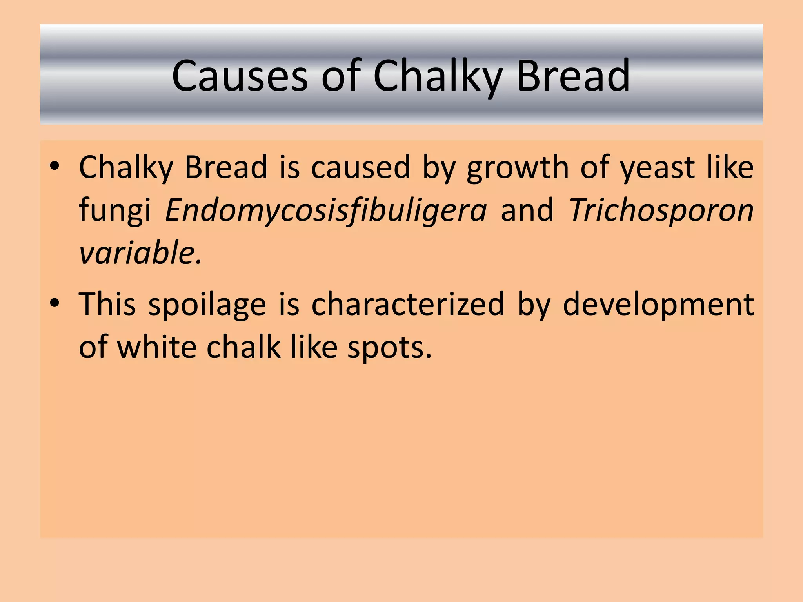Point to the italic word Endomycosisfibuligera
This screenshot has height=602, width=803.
click(325, 211)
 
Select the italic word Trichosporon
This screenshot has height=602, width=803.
click(661, 211)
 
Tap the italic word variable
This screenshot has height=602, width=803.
click(140, 253)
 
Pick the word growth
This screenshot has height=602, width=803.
click(517, 168)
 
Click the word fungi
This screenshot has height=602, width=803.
click(115, 211)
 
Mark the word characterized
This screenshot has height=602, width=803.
click(408, 304)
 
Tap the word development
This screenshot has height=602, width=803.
click(658, 305)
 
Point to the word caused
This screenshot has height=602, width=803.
click(360, 168)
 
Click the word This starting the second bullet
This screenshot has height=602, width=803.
click(107, 304)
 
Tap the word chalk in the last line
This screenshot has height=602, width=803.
click(243, 347)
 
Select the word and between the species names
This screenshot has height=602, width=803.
click(527, 211)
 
